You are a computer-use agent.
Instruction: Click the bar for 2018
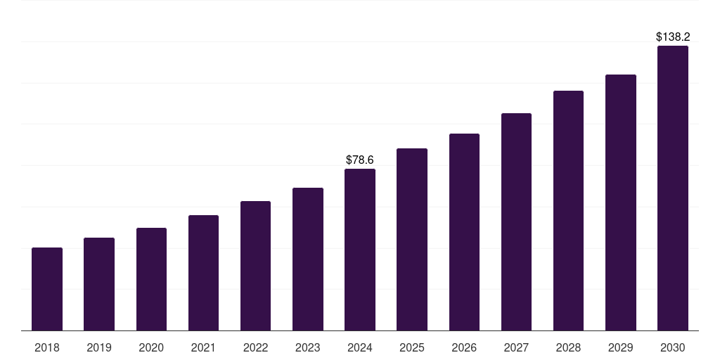point(47,289)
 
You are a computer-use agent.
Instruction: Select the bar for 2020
point(151,279)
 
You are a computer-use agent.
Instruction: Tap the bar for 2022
point(255,266)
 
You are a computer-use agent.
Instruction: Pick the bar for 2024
point(360,250)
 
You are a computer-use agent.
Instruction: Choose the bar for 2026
point(464,232)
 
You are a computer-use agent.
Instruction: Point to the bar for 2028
point(568,211)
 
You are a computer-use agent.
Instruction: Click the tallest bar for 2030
point(672,188)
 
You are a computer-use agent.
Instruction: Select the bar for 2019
point(99,284)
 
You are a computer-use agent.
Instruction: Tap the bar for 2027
point(516,221)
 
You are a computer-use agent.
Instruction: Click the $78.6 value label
point(360,160)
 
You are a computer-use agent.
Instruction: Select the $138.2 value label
point(672,37)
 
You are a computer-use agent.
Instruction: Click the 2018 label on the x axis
point(47,347)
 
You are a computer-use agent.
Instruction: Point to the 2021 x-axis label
point(203,347)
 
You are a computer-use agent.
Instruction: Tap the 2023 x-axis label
point(307,347)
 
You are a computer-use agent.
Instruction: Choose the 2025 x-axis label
point(412,347)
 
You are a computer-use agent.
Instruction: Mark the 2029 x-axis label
point(620,347)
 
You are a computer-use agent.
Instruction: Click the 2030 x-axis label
point(672,347)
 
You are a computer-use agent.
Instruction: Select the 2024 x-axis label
point(360,347)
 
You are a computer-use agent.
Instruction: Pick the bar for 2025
point(412,239)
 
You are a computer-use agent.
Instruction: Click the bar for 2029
point(620,202)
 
